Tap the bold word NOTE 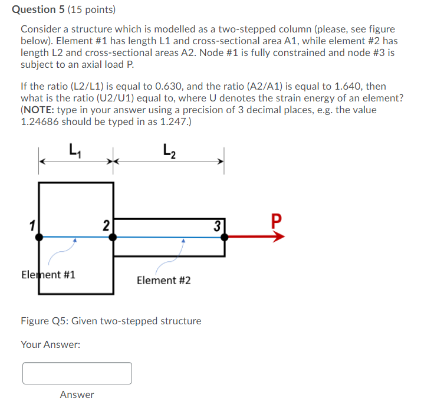point(38,110)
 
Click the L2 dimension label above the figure point(169,153)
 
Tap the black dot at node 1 point(39,236)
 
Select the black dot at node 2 point(113,236)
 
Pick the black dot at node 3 point(225,236)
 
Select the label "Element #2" point(163,281)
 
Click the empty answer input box point(77,373)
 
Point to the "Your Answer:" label point(50,344)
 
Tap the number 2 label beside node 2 point(106,225)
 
